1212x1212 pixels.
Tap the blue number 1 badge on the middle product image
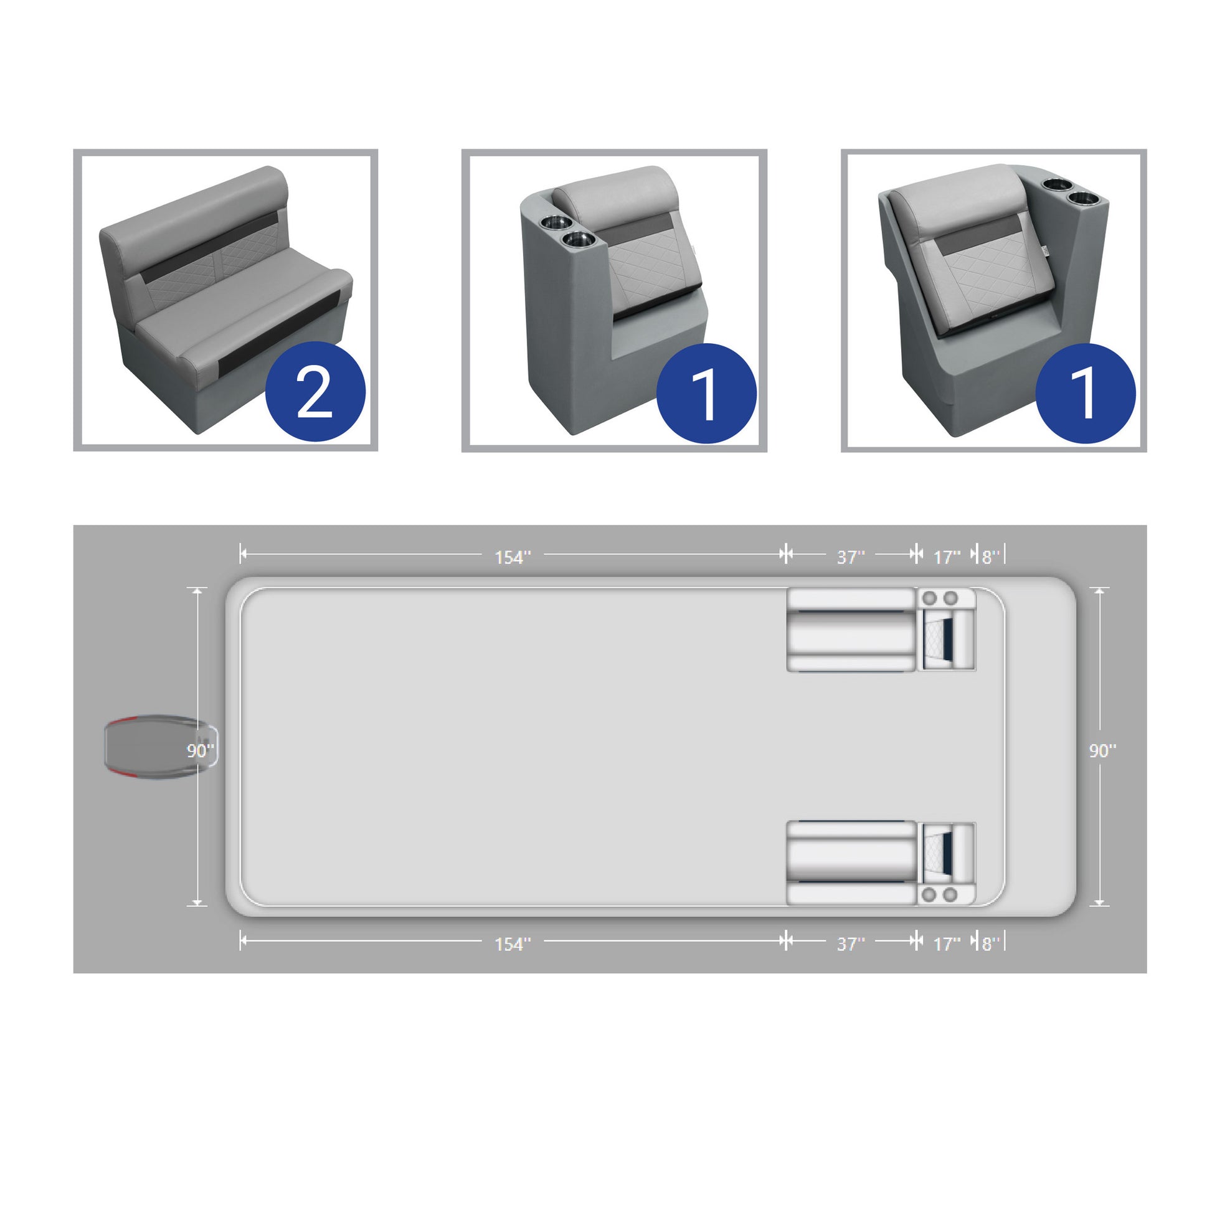coord(706,394)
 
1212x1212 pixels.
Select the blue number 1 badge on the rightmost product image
coord(1086,394)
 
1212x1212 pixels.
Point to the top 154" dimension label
coord(513,557)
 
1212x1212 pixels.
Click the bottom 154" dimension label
coord(513,944)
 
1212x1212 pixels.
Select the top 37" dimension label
coord(851,557)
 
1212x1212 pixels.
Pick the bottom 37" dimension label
coord(851,944)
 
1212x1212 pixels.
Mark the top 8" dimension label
coord(990,557)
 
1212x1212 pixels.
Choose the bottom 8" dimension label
coord(990,944)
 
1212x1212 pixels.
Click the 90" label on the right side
coord(1102,750)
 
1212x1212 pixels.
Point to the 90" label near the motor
coord(200,750)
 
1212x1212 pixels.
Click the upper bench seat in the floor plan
coord(851,630)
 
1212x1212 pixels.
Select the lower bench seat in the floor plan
coord(851,863)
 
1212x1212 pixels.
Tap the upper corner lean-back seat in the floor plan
coord(947,630)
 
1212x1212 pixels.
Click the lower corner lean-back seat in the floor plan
coord(947,863)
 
